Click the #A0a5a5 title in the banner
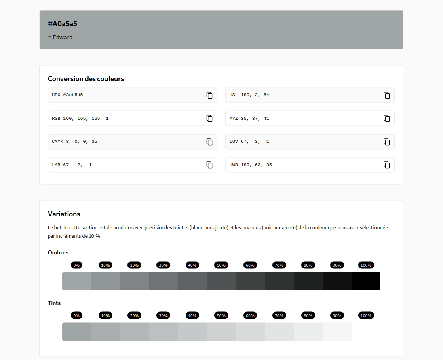click(62, 24)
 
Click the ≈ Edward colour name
click(60, 37)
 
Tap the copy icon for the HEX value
click(209, 95)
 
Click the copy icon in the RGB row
click(209, 119)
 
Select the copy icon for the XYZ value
click(387, 119)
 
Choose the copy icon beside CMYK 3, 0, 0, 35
click(209, 142)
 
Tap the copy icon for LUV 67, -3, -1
click(387, 142)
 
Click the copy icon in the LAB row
click(209, 165)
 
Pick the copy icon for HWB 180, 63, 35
click(387, 165)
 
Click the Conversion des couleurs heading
click(86, 79)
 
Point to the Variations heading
click(64, 214)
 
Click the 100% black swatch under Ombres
click(366, 281)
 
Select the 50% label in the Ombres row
click(221, 265)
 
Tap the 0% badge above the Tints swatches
click(76, 316)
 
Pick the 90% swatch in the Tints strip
click(337, 332)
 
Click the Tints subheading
click(54, 303)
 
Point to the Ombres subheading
click(58, 252)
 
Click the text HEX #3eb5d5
click(68, 95)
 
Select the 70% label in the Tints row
click(279, 316)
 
